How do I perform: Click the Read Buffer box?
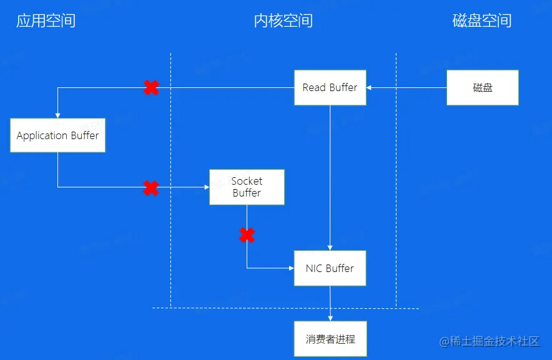pos(330,87)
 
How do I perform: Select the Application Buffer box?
pos(57,135)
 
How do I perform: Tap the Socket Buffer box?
pos(247,187)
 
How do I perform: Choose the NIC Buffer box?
pos(330,268)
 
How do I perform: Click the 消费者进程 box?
pos(330,339)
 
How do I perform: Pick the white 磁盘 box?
pos(483,87)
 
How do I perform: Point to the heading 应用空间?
pos(46,21)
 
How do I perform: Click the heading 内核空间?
pos(283,21)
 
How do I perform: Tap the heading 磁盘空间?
pos(482,21)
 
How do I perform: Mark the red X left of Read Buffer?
pos(150,88)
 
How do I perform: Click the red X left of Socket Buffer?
pos(150,188)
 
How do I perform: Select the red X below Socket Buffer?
pos(247,235)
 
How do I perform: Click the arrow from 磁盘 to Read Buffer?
pos(407,87)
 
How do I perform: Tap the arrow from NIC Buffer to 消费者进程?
pos(330,304)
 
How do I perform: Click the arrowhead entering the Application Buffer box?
pos(57,114)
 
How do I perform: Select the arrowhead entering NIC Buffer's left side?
pos(291,268)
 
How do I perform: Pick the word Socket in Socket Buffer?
pos(247,181)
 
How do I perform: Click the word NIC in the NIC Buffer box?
pos(314,268)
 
